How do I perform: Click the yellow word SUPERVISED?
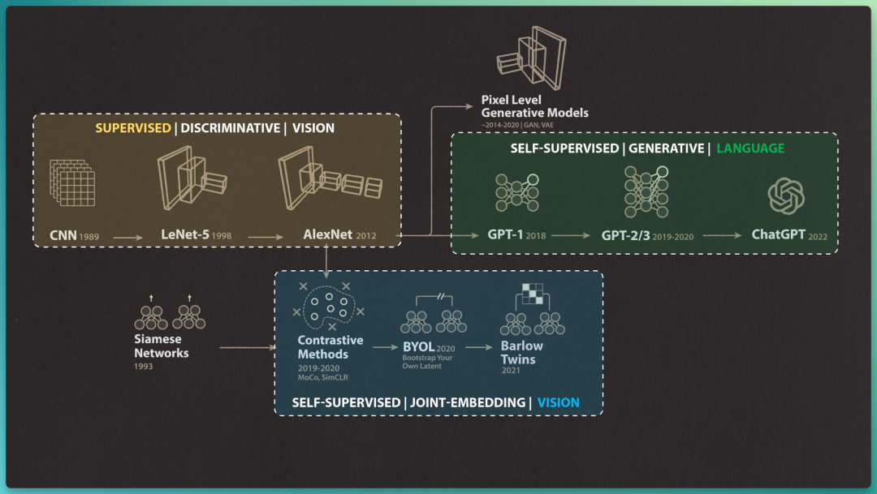pyautogui.click(x=133, y=128)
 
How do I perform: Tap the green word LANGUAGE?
pyautogui.click(x=750, y=148)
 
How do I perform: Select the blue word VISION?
pyautogui.click(x=558, y=402)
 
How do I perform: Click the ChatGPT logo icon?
pyautogui.click(x=786, y=195)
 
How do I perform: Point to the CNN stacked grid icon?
pyautogui.click(x=73, y=183)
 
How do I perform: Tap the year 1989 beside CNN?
pyautogui.click(x=89, y=237)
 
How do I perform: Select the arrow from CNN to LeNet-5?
pyautogui.click(x=128, y=238)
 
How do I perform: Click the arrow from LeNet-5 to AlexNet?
pyautogui.click(x=266, y=237)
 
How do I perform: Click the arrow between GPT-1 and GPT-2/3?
pyautogui.click(x=571, y=235)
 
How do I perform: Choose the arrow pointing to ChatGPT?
pyautogui.click(x=722, y=235)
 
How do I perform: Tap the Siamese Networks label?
pyautogui.click(x=161, y=346)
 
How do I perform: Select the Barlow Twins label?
pyautogui.click(x=521, y=353)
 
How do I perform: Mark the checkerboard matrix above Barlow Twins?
pyautogui.click(x=533, y=294)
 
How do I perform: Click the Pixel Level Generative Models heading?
pyautogui.click(x=534, y=106)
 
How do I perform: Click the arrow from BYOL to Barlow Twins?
pyautogui.click(x=479, y=348)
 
